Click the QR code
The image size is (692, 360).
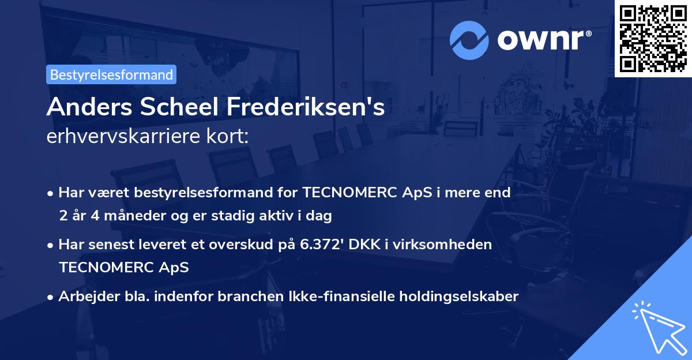point(653,38)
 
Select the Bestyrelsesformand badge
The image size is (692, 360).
point(111,74)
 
